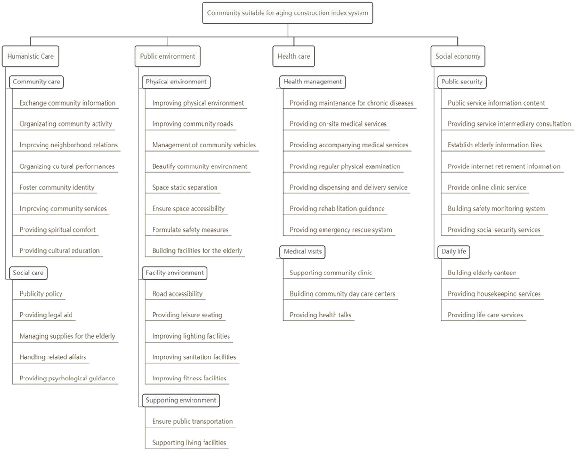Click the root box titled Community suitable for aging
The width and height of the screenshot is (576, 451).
point(288,13)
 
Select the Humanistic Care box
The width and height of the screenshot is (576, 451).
point(31,56)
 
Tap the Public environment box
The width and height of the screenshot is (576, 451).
point(168,56)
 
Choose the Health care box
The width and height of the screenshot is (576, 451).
point(294,56)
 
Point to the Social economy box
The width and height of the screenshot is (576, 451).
point(458,56)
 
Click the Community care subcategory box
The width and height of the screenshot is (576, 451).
point(36,82)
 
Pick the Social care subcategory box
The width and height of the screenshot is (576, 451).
point(28,273)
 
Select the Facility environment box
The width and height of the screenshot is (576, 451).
point(174,273)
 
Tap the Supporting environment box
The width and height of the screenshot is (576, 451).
point(181,400)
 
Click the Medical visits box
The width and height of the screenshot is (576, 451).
point(302,251)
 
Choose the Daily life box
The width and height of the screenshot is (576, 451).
point(454,251)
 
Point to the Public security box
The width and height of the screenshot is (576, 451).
point(462,82)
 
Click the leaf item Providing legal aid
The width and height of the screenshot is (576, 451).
point(46,315)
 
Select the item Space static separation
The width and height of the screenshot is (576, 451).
point(185,188)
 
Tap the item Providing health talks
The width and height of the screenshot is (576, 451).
point(321,315)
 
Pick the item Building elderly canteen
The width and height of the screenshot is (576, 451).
point(482,273)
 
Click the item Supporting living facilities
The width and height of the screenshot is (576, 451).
point(189,442)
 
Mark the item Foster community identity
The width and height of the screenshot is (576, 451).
point(57,188)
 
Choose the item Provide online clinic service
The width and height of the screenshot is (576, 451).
point(487,188)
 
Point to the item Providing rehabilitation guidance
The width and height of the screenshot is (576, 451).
point(337,209)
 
